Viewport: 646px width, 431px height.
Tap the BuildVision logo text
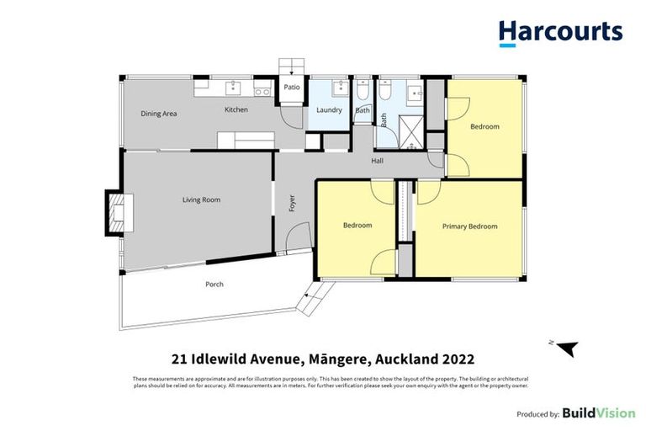point(598,413)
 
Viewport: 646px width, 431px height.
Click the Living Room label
point(201,200)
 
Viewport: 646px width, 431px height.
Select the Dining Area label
point(158,113)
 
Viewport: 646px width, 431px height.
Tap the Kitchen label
point(236,110)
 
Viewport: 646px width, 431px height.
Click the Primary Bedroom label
point(469,226)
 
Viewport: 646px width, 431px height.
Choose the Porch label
point(214,285)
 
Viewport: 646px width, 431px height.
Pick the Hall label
point(379,161)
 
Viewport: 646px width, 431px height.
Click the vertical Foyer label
point(292,203)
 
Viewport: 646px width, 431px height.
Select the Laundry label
point(328,110)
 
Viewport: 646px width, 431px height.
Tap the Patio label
point(291,87)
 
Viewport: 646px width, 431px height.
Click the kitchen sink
point(233,88)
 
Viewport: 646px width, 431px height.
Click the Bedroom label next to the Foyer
point(357,226)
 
